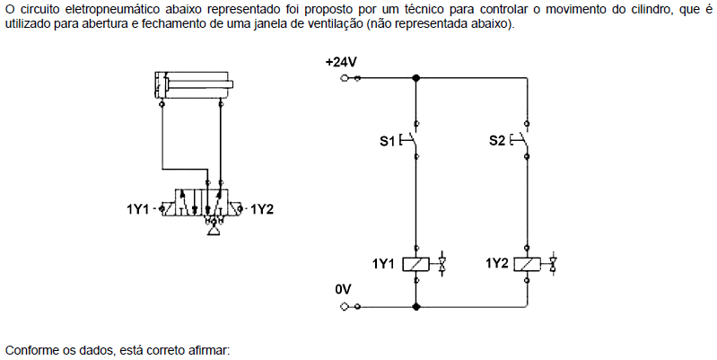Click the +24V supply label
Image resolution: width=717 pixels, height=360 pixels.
pyautogui.click(x=341, y=62)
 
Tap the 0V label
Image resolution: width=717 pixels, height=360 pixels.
pyautogui.click(x=343, y=290)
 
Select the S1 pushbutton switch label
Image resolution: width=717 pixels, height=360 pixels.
pyautogui.click(x=387, y=141)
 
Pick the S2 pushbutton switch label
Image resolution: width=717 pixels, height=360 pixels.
pyautogui.click(x=496, y=140)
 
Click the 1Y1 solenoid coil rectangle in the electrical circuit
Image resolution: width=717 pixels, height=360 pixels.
pyautogui.click(x=415, y=265)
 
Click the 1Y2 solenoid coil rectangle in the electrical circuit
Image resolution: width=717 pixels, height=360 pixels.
pyautogui.click(x=527, y=265)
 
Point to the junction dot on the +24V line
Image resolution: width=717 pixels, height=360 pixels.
pyautogui.click(x=415, y=78)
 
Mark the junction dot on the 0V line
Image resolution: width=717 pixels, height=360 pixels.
pyautogui.click(x=415, y=306)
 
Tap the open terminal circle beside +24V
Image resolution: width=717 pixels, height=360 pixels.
pyautogui.click(x=344, y=78)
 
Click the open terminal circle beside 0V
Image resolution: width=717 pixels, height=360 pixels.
pyautogui.click(x=344, y=306)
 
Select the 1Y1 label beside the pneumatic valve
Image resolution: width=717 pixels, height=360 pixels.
pyautogui.click(x=138, y=209)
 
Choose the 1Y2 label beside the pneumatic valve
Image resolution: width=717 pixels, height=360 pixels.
pyautogui.click(x=262, y=209)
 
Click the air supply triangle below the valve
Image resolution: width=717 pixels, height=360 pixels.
pyautogui.click(x=214, y=232)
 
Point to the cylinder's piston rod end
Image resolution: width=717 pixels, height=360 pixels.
pyautogui.click(x=232, y=84)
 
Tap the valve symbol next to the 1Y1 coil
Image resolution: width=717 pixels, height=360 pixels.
pyautogui.click(x=442, y=264)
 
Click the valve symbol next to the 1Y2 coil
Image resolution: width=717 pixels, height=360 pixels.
pyautogui.click(x=553, y=264)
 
